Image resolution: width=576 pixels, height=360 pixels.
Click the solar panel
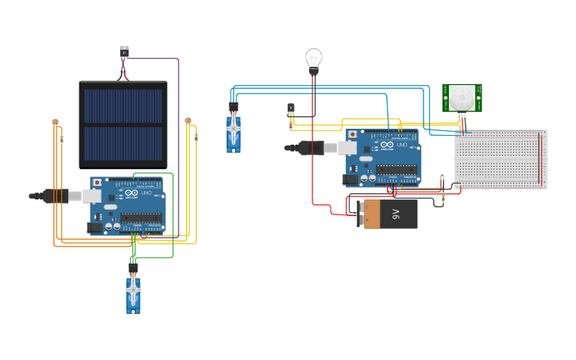123,124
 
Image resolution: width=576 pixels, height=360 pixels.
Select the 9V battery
390,214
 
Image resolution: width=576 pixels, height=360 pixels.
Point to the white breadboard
501,159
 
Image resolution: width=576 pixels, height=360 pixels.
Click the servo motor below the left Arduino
133,292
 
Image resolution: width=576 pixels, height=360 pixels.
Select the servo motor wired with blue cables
233,130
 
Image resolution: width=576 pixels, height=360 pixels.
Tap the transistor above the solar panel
124,52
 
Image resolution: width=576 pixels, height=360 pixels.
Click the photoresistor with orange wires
55,122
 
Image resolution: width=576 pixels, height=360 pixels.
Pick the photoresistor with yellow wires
188,121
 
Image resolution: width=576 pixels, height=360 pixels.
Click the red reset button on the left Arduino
98,183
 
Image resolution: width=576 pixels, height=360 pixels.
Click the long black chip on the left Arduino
141,217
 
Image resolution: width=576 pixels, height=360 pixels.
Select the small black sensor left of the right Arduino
291,109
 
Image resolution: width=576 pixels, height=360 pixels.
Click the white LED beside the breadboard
443,176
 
